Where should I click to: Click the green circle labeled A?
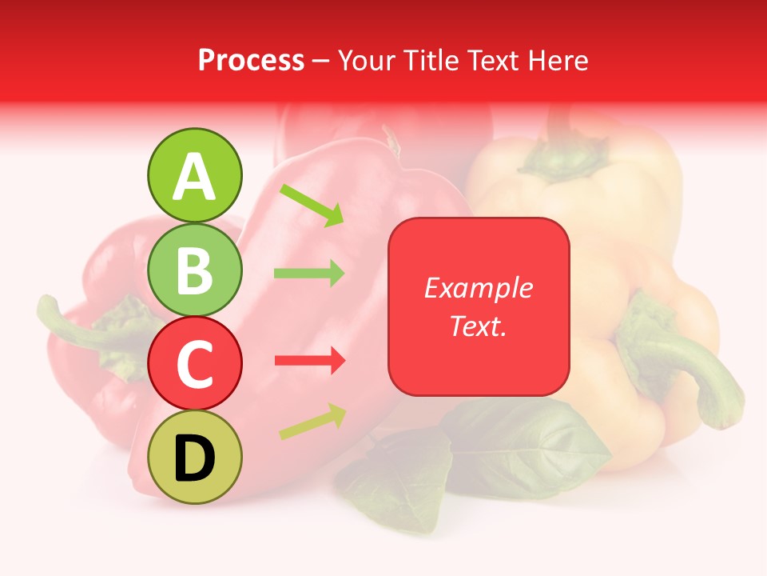[x=194, y=175]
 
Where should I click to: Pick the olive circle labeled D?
[x=194, y=457]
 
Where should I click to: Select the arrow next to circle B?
[x=309, y=274]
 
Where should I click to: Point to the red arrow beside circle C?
[x=309, y=361]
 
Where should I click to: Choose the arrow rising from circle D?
[x=312, y=421]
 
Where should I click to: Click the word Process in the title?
[x=251, y=61]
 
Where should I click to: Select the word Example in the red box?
[x=478, y=288]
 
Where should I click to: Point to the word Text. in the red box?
[x=478, y=326]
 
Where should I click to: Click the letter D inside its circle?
[x=194, y=458]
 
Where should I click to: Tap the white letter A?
[x=194, y=177]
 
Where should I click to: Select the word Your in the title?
[x=368, y=61]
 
